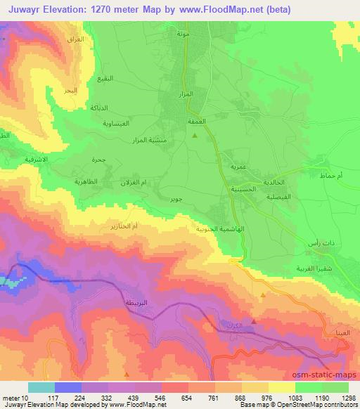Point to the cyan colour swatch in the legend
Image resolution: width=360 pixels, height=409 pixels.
[41, 387]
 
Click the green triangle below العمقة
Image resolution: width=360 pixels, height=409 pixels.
[195, 136]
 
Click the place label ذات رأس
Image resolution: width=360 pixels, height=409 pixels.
[319, 242]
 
